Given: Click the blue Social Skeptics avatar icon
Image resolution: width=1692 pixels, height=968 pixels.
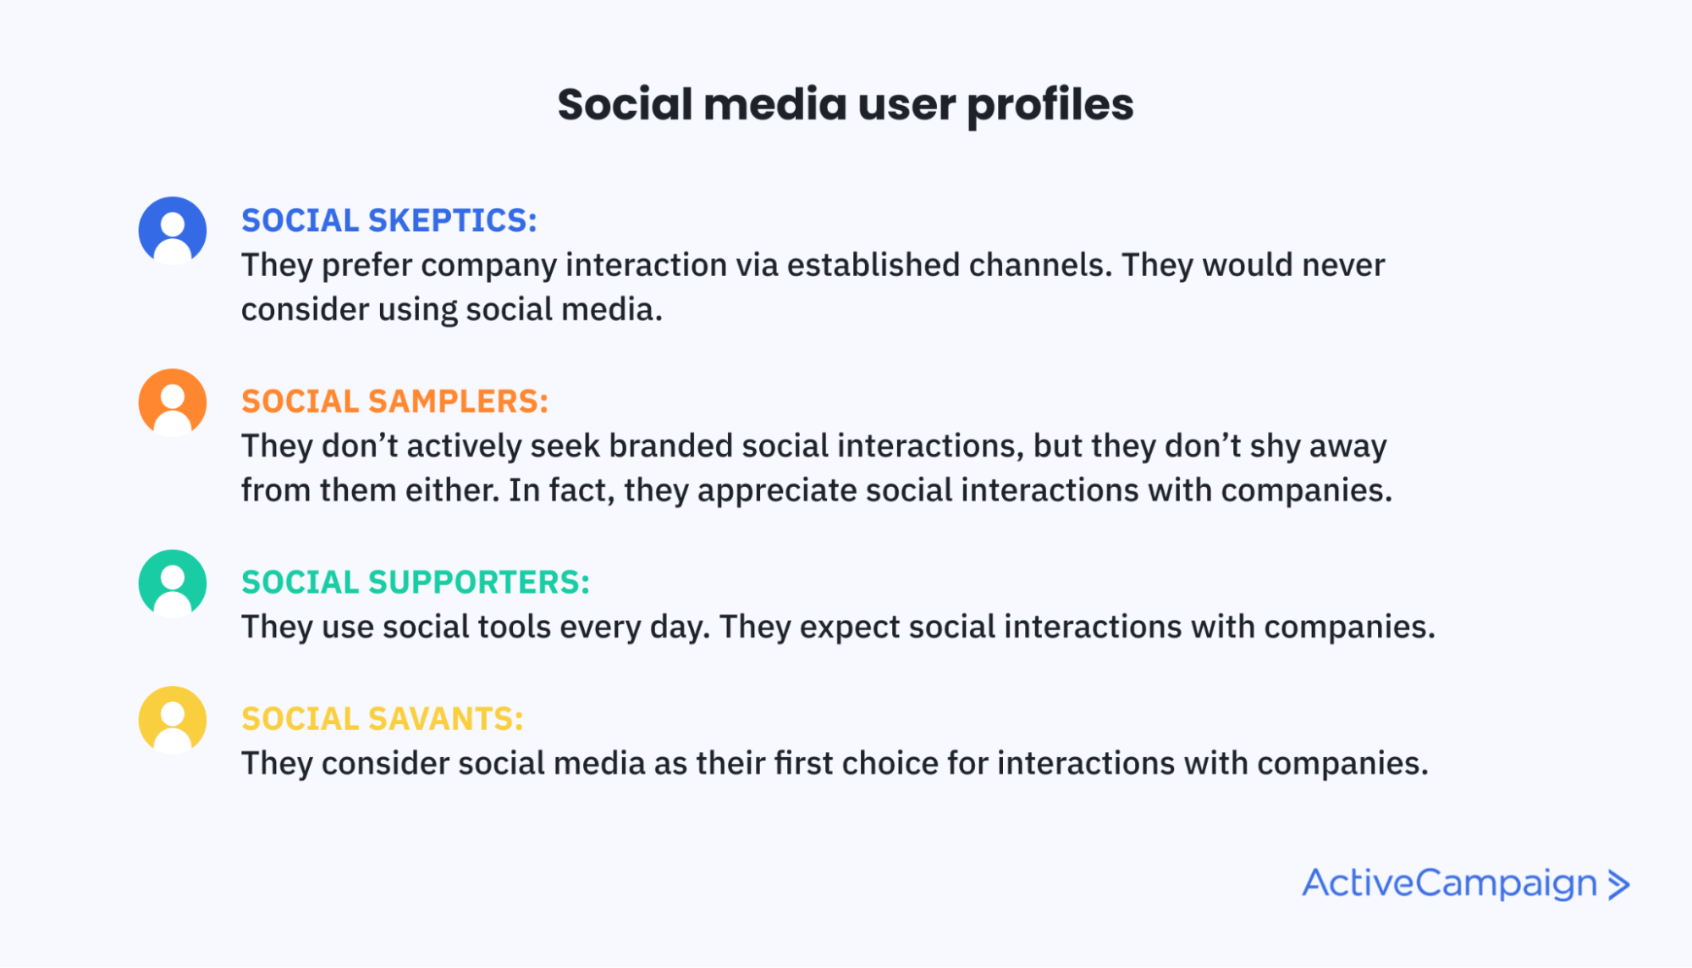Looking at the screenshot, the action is pos(173,230).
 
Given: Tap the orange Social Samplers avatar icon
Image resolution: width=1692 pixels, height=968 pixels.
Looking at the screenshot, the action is pos(173,402).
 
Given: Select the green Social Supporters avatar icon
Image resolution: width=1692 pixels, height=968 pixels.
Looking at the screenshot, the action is pos(173,584).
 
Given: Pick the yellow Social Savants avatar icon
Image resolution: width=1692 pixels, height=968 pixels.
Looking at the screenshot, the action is pos(173,720).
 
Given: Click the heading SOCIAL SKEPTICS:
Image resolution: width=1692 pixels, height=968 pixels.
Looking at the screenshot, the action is pos(389,220).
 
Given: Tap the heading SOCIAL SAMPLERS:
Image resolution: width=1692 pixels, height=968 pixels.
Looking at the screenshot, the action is pos(395,401).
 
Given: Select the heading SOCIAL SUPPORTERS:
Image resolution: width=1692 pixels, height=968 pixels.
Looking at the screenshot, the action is pos(416,583).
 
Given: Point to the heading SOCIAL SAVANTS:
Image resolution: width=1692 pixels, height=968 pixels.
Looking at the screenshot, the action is pos(383,719).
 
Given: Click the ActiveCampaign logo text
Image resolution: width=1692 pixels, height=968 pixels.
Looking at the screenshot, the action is pos(1449,884).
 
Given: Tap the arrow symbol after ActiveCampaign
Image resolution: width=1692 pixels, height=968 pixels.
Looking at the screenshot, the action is pos(1618,884).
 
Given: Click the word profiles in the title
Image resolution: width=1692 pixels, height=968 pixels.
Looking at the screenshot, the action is pos(1050,106).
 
